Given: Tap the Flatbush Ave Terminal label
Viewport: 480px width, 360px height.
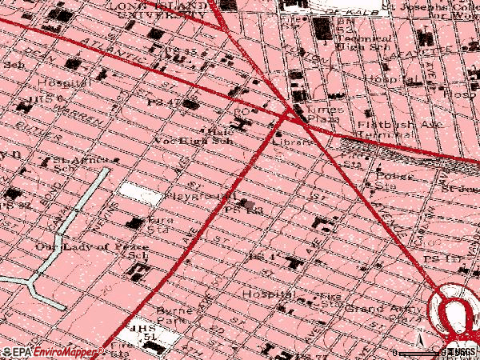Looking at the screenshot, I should point(388,130).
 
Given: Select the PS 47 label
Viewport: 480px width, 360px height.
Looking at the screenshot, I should point(163,103).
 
